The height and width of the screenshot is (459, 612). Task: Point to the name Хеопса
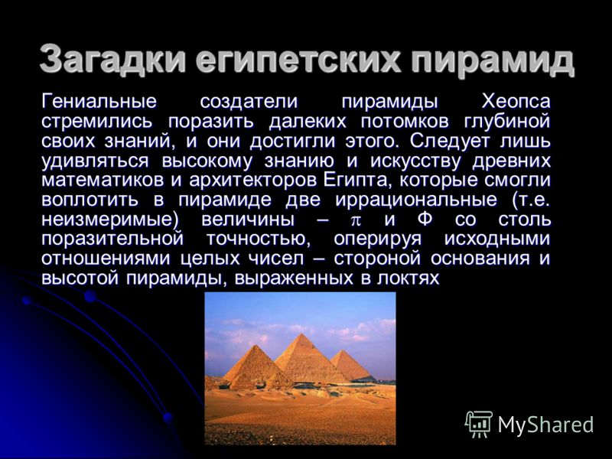click(x=516, y=102)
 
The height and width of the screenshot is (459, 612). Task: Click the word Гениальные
click(x=99, y=102)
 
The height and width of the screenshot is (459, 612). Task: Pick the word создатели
click(x=249, y=102)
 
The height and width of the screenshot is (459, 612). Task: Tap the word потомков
click(x=405, y=122)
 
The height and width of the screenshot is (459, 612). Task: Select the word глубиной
click(x=507, y=122)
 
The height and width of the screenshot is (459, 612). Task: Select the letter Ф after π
click(x=425, y=220)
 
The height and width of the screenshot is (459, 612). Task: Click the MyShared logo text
click(x=545, y=425)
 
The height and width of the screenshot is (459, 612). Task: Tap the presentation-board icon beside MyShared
click(x=479, y=424)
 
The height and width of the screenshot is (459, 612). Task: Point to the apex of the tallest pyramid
click(x=301, y=334)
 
